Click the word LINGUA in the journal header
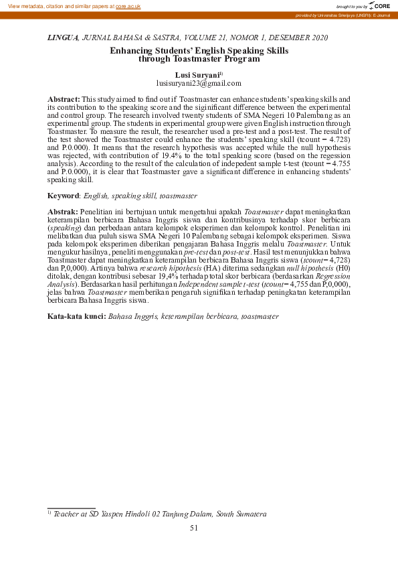[x=64, y=38]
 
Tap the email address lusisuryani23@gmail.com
[x=199, y=83]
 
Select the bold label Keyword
[x=64, y=196]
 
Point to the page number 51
[x=194, y=528]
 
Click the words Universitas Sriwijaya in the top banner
[x=340, y=15]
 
